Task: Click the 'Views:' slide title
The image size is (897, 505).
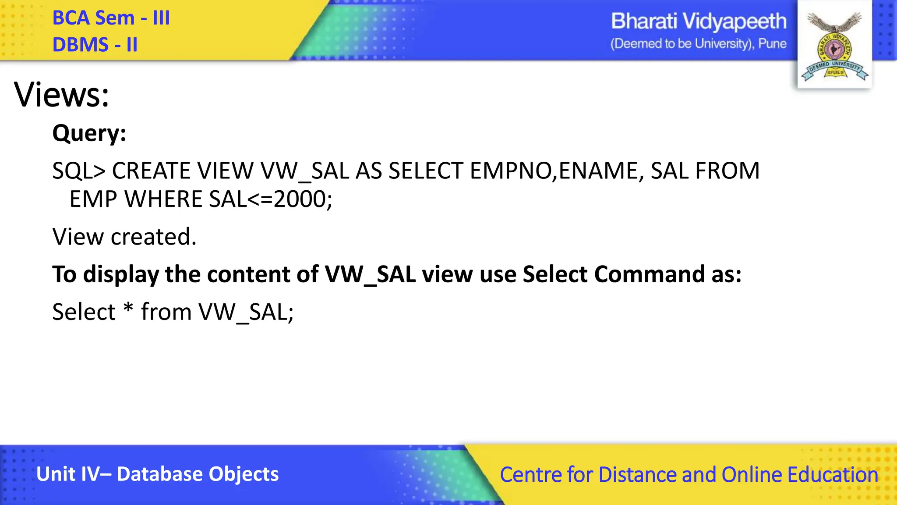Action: tap(61, 95)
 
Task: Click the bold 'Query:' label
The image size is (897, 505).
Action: tap(89, 133)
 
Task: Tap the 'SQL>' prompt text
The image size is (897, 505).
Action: tap(79, 171)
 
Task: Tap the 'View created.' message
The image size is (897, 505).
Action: tap(124, 237)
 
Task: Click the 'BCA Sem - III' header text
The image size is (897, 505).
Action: tap(111, 18)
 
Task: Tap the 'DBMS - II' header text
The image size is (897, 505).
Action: tap(95, 45)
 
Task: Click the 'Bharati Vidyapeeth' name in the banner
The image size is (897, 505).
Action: tap(698, 21)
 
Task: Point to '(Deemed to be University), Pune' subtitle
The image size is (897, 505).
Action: tap(698, 44)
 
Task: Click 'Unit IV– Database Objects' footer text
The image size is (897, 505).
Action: tap(157, 474)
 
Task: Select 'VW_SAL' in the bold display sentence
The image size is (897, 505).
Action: tap(370, 274)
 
